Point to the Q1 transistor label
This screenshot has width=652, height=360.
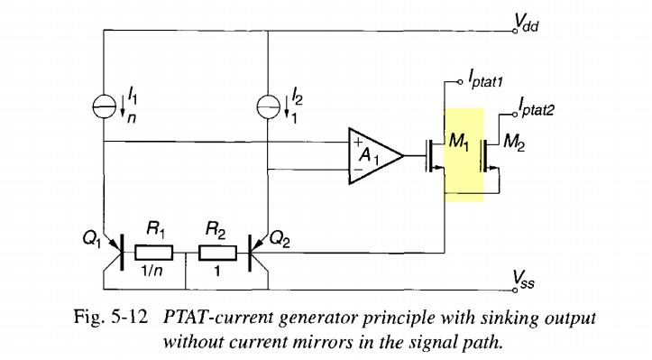click(x=90, y=239)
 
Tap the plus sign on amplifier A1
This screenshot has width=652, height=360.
click(x=358, y=141)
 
